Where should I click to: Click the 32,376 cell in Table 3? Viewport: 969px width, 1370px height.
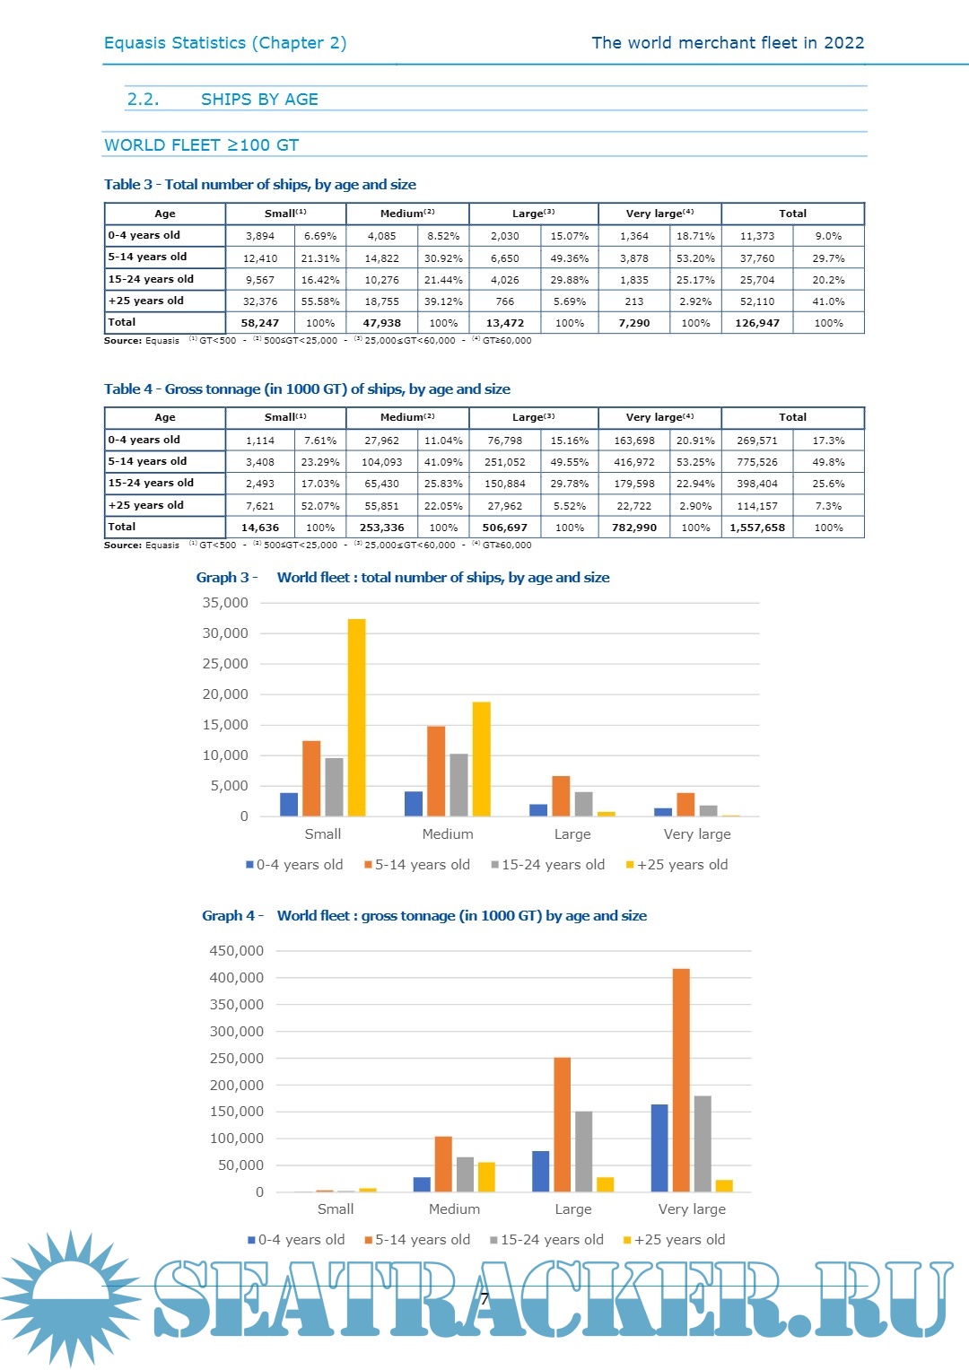click(260, 301)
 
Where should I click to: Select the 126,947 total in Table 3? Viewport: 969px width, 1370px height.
click(757, 323)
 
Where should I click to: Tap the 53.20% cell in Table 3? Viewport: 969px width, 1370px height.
click(695, 258)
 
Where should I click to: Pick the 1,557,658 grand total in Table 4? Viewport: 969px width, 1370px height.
click(757, 528)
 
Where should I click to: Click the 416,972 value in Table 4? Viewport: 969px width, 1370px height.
click(634, 462)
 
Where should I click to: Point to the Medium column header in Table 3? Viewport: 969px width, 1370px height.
click(407, 214)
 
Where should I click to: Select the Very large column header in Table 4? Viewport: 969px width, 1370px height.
click(659, 417)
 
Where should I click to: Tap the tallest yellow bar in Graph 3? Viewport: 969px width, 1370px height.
click(356, 718)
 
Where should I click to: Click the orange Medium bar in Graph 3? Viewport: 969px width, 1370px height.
click(436, 772)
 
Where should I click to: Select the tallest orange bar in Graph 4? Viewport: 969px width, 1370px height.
click(681, 1080)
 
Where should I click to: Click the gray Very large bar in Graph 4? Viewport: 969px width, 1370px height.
click(703, 1143)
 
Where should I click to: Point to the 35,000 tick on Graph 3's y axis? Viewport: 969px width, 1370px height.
click(225, 603)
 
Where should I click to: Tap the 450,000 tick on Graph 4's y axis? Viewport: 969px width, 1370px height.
click(237, 951)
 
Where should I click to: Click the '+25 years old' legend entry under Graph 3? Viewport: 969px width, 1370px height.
click(677, 865)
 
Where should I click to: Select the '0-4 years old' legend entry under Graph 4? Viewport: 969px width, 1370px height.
click(297, 1240)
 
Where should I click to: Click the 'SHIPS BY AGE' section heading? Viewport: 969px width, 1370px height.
click(259, 100)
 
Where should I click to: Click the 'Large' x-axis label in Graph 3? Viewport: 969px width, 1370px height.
click(572, 834)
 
